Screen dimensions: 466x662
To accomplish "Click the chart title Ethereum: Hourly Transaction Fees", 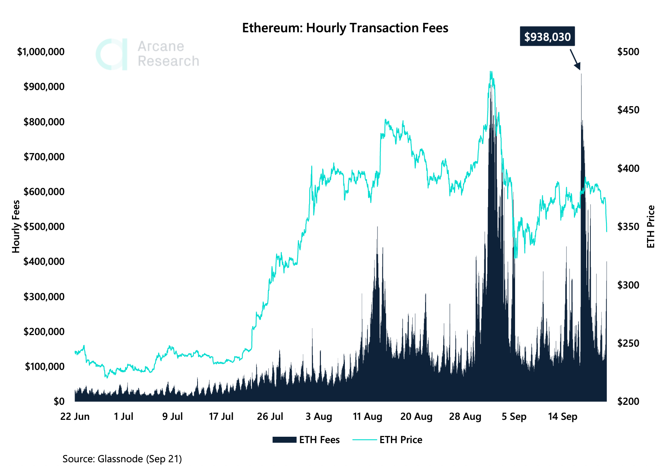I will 345,28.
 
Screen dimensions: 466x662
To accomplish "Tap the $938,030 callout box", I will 547,36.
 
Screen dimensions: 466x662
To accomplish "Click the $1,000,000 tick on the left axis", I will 41,52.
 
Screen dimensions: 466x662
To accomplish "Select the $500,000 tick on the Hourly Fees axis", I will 44,227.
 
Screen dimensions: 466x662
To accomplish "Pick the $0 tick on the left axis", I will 59,401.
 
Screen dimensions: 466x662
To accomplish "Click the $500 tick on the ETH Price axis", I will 628,52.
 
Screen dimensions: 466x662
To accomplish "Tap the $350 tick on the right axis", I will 628,227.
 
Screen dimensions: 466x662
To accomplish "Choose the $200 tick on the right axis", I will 628,401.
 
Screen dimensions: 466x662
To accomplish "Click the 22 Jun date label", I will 75,416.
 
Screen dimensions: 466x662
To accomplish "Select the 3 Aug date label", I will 319,416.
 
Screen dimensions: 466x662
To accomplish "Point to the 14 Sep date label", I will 562,416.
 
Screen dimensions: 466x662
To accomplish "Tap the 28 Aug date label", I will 465,416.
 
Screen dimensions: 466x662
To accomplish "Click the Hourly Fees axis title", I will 16,227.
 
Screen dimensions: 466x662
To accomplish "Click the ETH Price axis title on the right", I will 651,227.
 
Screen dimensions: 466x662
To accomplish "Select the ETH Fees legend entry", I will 306,440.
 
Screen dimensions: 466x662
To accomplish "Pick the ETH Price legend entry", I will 388,440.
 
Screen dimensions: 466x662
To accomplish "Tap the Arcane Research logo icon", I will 112,54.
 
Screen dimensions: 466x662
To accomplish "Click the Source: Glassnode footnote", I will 122,459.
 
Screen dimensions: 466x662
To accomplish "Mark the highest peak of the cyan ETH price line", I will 491,71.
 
